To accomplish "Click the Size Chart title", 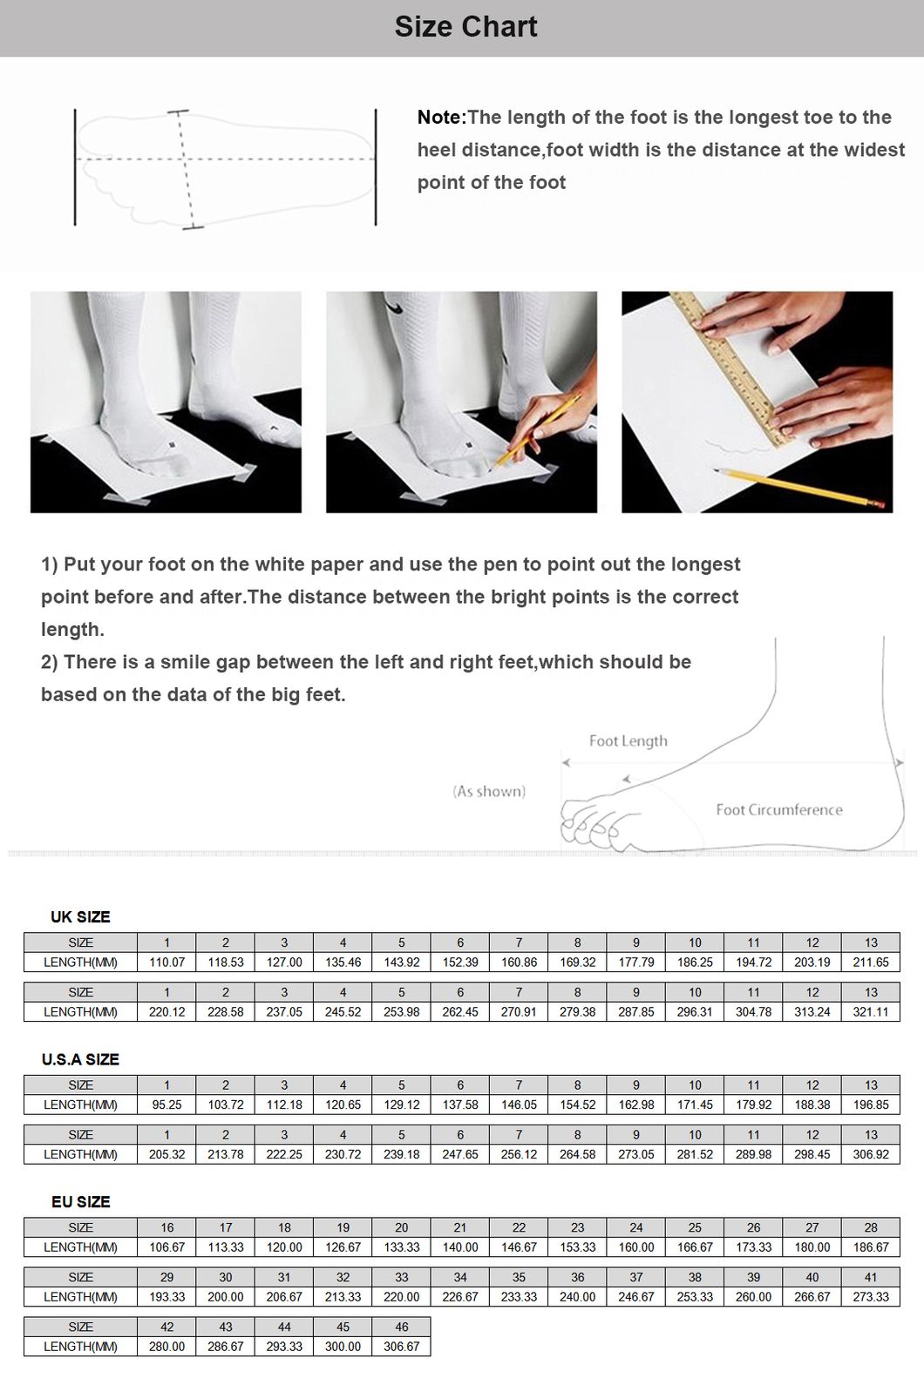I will [x=465, y=27].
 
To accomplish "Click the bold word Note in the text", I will [x=440, y=118].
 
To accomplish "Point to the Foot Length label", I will [x=628, y=741].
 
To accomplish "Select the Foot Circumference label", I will [x=778, y=810].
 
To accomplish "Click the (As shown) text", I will [x=489, y=792].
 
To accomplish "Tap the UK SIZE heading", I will [x=80, y=917].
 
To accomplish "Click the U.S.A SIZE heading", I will [x=80, y=1059].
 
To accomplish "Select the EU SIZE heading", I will [x=80, y=1202].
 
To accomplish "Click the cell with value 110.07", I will [x=166, y=963].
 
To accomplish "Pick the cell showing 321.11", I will [x=871, y=1012].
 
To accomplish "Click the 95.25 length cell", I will [x=166, y=1105].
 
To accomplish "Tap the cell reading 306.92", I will [x=871, y=1154].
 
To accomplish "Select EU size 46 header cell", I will [x=401, y=1328].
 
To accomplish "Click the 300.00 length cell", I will [x=343, y=1347].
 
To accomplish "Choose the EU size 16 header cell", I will [x=166, y=1228].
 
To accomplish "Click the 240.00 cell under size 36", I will [x=577, y=1297].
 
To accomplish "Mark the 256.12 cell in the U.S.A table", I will [x=519, y=1154].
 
